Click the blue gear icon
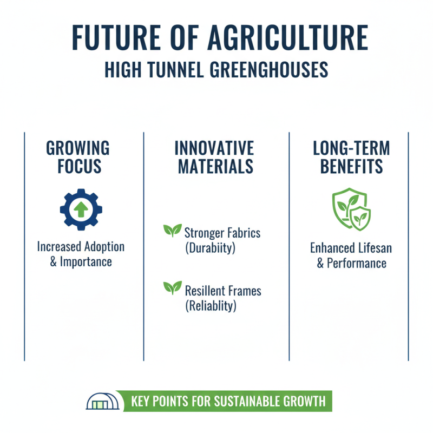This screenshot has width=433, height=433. (81, 209)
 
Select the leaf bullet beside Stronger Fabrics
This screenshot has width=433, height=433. (172, 231)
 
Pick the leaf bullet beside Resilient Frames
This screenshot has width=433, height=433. (172, 288)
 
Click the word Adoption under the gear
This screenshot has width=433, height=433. (102, 247)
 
